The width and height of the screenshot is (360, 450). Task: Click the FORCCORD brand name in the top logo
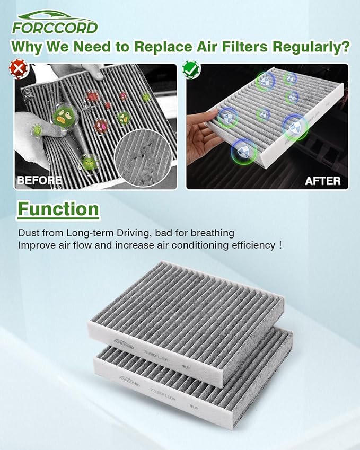55,27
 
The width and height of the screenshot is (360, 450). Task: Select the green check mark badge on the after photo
189,68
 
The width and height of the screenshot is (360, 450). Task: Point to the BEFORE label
39,180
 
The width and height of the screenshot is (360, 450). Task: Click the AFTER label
322,181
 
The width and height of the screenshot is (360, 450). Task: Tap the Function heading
58,209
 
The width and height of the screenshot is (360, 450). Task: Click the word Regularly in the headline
311,47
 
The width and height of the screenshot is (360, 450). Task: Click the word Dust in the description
28,233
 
